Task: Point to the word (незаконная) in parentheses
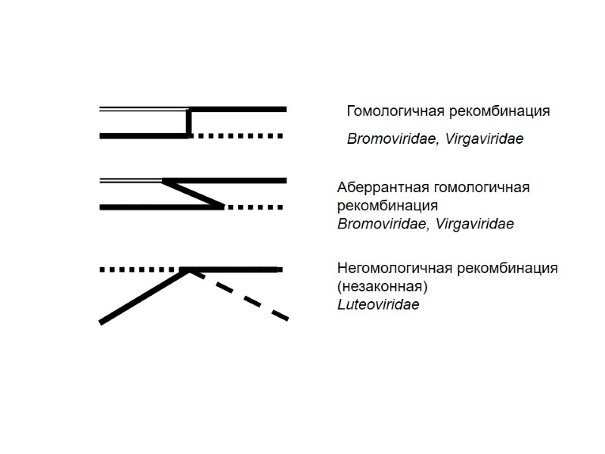[x=383, y=287]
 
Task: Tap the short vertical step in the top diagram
[x=188, y=123]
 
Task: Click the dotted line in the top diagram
[x=236, y=136]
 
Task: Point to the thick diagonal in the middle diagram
[x=194, y=193]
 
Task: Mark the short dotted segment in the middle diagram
[x=253, y=207]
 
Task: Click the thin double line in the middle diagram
[x=130, y=180]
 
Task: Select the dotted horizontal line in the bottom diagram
[x=140, y=269]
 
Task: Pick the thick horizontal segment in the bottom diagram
[x=234, y=269]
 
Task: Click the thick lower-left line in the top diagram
[x=144, y=136]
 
